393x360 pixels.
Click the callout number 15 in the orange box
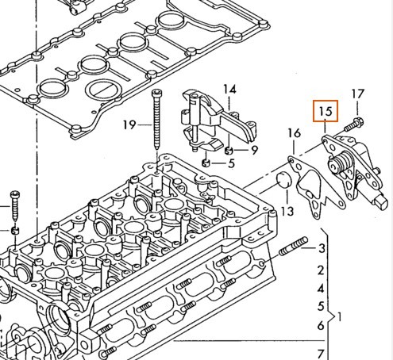click(326, 111)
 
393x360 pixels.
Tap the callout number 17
click(357, 94)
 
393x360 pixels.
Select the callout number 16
click(294, 133)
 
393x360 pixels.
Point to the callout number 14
click(229, 90)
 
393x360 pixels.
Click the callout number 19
click(129, 124)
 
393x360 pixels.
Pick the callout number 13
click(287, 211)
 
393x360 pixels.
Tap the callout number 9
click(254, 150)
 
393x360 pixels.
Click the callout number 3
click(322, 248)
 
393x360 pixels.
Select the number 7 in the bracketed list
click(321, 354)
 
